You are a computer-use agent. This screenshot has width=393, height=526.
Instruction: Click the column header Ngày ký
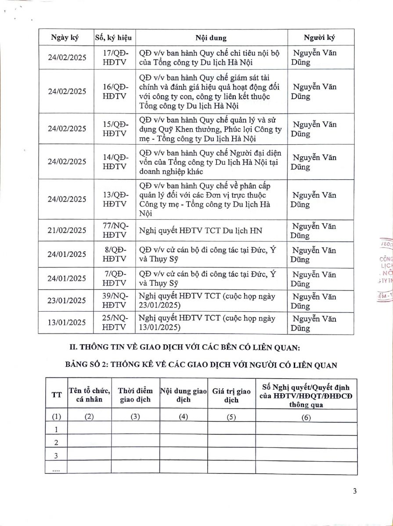coord(65,37)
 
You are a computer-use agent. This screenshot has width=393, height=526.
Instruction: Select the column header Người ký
coord(317,37)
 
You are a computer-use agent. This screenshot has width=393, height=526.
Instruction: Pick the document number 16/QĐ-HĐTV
coord(114,92)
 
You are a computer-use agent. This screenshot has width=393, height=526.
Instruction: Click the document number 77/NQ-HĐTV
coord(114,230)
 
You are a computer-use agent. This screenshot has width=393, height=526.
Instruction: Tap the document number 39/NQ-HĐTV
coord(114,300)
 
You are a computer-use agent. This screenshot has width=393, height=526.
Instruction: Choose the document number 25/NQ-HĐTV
coord(114,323)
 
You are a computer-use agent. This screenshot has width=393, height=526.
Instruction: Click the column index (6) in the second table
coord(306,417)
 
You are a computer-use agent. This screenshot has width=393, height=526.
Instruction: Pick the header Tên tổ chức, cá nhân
coord(89,394)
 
